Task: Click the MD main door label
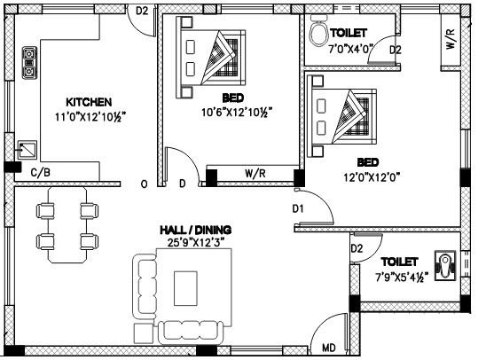[328, 347]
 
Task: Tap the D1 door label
[299, 208]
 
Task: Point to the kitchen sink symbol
[27, 151]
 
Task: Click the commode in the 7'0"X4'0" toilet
[318, 35]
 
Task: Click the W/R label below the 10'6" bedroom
[256, 174]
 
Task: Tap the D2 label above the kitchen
[142, 11]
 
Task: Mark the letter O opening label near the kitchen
[144, 184]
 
